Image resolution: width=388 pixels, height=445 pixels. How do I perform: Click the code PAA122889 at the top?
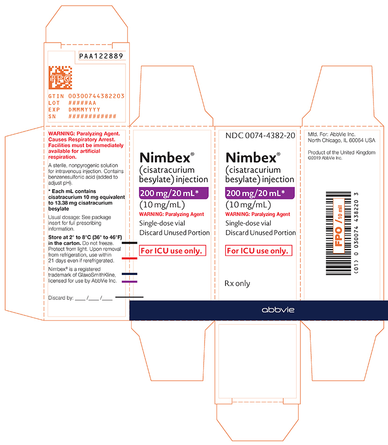[x=101, y=56]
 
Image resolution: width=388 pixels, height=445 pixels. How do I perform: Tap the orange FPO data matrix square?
[x=60, y=77]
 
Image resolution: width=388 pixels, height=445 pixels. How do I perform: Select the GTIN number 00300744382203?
[x=96, y=96]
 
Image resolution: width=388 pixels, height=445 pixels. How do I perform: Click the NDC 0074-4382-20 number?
[x=260, y=136]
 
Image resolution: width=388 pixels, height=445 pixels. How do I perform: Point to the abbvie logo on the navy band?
[x=278, y=310]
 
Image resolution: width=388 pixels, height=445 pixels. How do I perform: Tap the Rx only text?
[x=237, y=283]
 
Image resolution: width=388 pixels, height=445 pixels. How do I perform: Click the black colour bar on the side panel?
[x=129, y=243]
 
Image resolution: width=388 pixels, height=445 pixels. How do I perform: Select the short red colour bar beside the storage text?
[x=129, y=258]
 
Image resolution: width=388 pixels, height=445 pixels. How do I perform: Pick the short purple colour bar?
[x=129, y=282]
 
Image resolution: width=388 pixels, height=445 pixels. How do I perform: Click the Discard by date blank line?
[x=94, y=299]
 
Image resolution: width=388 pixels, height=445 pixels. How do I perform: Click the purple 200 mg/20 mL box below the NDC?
[x=260, y=193]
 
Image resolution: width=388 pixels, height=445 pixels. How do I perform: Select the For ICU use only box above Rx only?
[x=259, y=251]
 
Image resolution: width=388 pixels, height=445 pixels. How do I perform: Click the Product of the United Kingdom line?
[x=342, y=152]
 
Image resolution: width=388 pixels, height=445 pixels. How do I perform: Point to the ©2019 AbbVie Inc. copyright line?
[x=325, y=158]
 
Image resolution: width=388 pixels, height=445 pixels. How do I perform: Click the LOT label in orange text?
[x=54, y=103]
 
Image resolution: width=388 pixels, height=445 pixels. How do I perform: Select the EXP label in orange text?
[x=54, y=110]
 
